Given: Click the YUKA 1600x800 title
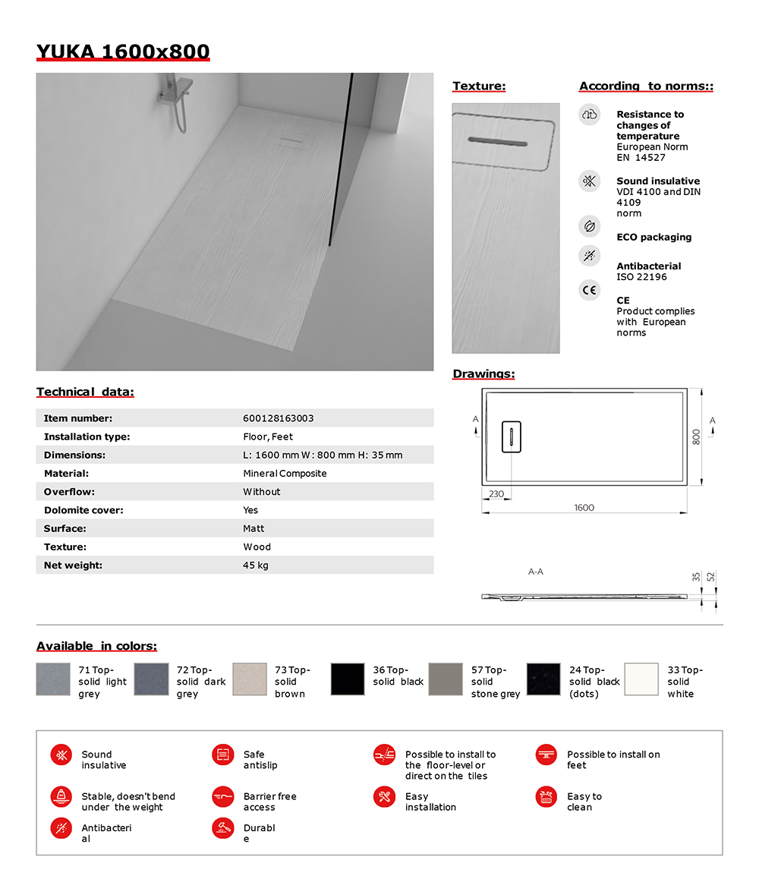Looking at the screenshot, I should (x=123, y=52).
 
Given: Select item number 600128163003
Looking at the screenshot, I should (x=278, y=418).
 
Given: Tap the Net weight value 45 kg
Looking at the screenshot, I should (x=255, y=566).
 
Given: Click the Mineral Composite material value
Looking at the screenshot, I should (x=285, y=474).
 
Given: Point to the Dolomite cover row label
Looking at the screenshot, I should (x=83, y=510).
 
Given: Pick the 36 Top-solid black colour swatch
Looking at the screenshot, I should (x=348, y=679).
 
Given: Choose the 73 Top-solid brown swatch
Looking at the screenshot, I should (x=250, y=679).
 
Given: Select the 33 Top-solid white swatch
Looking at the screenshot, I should (x=641, y=679).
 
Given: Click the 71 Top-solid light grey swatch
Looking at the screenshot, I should (x=53, y=679).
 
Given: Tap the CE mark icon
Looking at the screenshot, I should (x=589, y=290).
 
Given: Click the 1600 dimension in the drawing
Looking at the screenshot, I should (x=584, y=508).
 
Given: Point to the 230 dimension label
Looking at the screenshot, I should (x=496, y=494).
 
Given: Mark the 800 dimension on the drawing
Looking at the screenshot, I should (x=694, y=436).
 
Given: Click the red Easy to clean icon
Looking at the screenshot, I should (x=545, y=797).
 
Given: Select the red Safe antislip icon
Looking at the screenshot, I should (x=222, y=755).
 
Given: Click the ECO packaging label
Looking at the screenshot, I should (x=653, y=238).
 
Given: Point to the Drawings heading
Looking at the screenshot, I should (x=483, y=374).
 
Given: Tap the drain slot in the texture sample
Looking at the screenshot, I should (x=498, y=141).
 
